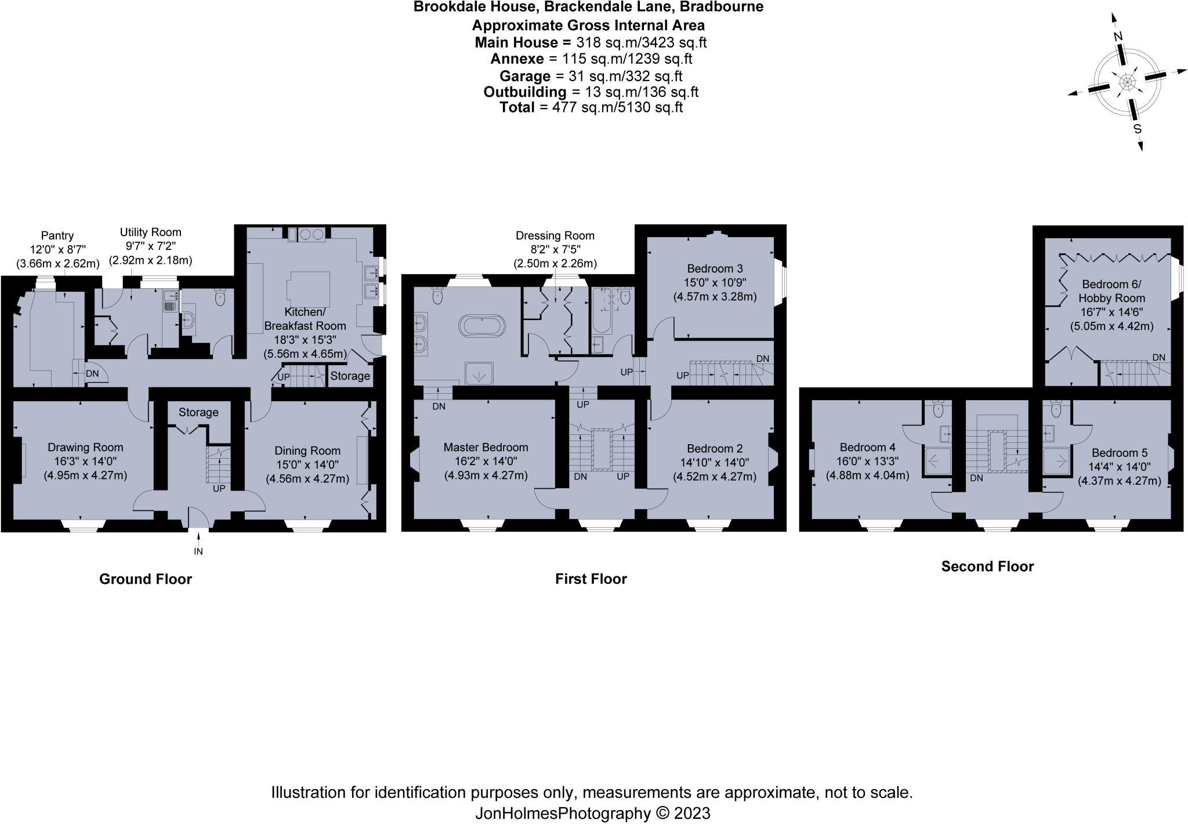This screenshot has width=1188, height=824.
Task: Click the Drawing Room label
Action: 85,447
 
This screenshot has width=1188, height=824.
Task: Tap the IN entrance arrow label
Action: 198,551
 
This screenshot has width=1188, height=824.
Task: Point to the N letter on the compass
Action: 1118,37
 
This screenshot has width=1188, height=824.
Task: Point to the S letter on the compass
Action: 1138,129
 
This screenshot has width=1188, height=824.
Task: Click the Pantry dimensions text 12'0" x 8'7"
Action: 57,249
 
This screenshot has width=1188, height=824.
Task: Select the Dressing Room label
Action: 555,235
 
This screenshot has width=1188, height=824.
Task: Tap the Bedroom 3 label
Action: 715,268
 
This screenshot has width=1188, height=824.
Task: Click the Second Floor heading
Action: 987,567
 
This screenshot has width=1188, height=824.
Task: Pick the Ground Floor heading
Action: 145,579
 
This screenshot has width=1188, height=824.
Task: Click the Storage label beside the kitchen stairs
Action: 350,376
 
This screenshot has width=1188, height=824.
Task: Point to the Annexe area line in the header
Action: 591,59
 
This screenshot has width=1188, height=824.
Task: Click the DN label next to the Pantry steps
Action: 92,374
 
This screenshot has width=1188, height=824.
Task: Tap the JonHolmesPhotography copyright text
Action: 592,814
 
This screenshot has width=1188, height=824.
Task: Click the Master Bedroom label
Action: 486,447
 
